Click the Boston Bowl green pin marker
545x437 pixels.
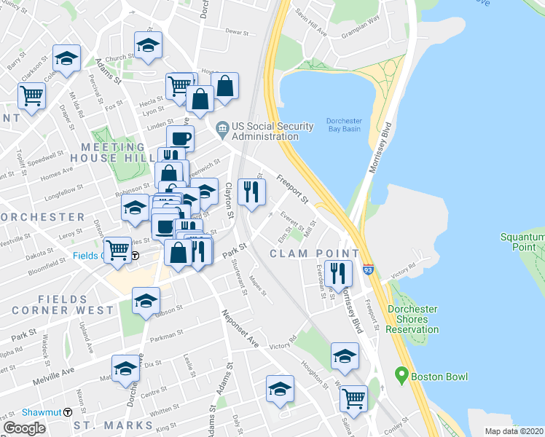400,376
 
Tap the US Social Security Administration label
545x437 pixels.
265,131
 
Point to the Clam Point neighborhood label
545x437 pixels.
314,253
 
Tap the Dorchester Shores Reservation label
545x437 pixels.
412,319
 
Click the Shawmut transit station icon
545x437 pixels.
68,412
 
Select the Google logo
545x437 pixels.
24,428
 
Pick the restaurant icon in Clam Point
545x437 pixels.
336,273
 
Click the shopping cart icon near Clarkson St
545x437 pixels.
31,95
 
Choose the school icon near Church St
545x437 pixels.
148,45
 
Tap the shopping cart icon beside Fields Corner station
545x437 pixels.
117,251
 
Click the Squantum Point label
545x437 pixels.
522,243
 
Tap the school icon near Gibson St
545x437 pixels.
146,300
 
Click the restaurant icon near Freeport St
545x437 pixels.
251,192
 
